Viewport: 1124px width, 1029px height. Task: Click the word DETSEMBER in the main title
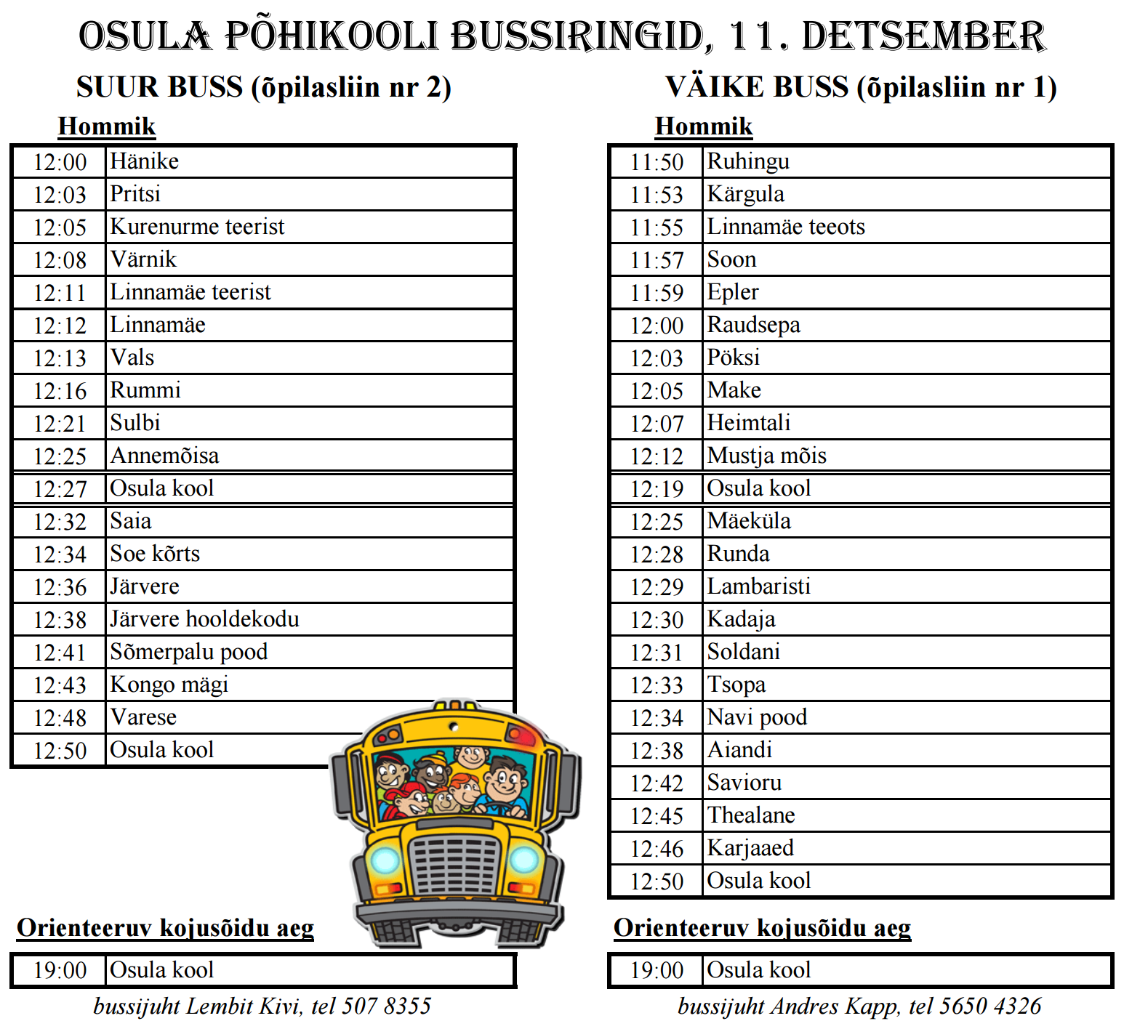pos(923,36)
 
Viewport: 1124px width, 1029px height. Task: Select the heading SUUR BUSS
pos(159,87)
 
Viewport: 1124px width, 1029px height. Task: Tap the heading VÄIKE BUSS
pos(757,87)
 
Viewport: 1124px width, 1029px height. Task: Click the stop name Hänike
pos(144,161)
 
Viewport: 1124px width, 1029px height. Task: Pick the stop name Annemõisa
pos(164,456)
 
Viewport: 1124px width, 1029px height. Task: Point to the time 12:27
pos(60,489)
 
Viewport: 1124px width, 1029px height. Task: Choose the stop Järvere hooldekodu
pos(204,619)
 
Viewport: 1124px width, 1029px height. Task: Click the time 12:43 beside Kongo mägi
pos(60,685)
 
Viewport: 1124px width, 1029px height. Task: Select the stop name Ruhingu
pos(748,161)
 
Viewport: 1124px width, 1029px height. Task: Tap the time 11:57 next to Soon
pos(657,260)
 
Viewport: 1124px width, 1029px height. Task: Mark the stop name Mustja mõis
pos(767,456)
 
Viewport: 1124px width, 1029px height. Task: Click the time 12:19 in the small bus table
pos(657,489)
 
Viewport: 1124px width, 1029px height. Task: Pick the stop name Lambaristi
pos(758,586)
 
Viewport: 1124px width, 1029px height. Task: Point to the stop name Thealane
pos(751,815)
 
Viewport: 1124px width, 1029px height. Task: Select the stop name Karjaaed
pos(750,848)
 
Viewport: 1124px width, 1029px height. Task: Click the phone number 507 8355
pos(386,1006)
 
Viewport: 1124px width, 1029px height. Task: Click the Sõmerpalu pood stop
pos(188,652)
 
